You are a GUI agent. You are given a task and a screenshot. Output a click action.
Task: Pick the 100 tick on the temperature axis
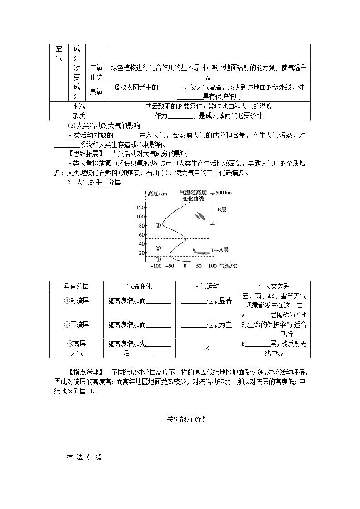213,266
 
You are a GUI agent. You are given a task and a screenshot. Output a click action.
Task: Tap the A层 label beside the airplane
223,250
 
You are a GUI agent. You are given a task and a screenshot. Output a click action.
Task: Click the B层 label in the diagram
222,209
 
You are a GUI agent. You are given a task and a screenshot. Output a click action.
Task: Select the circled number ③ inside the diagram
158,225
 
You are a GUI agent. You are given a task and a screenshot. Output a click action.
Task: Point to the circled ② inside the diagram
158,248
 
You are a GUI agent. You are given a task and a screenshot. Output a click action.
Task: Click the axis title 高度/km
157,194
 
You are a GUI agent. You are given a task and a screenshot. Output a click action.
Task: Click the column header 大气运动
206,286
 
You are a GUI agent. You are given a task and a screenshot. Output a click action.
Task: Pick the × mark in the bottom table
206,348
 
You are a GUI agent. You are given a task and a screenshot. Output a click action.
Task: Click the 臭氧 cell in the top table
96,91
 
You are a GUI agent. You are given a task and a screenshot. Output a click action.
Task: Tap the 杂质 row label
78,116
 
